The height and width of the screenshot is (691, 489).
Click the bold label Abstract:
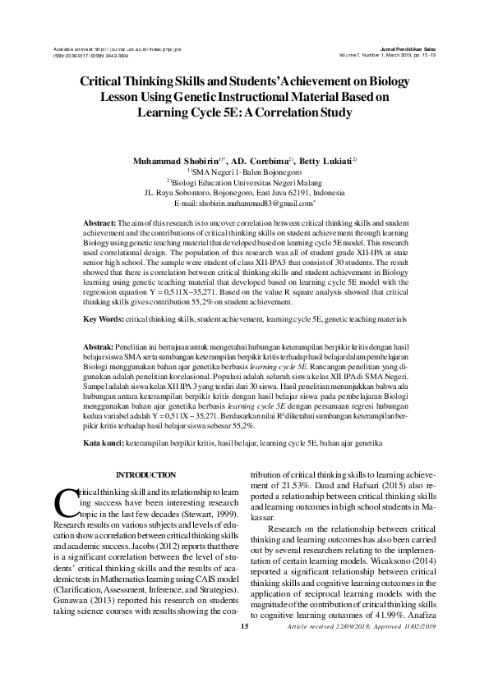coord(101,223)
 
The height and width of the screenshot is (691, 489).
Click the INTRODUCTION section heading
coord(145,475)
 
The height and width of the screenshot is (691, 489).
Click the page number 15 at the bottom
coord(244,673)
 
